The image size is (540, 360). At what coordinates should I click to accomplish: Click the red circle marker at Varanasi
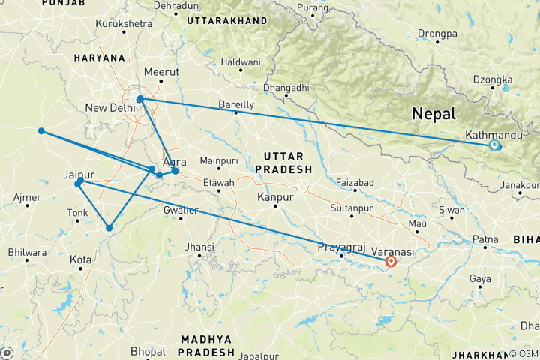click(391, 262)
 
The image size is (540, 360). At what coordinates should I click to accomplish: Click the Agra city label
click(174, 161)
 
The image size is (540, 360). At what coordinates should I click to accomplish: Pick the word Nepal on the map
click(433, 114)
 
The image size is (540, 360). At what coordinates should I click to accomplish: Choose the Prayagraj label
click(341, 247)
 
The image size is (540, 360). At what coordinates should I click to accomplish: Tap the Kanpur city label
click(274, 197)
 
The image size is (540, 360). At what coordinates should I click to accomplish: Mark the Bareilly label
click(235, 104)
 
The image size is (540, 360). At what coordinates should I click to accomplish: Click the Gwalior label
click(181, 209)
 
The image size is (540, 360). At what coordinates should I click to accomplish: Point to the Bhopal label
click(148, 350)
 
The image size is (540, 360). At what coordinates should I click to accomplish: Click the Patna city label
click(484, 240)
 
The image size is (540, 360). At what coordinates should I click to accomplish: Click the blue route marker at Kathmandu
click(493, 145)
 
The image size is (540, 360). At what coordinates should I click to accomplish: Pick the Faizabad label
click(355, 182)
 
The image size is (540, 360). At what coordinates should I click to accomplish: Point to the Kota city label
click(80, 259)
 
